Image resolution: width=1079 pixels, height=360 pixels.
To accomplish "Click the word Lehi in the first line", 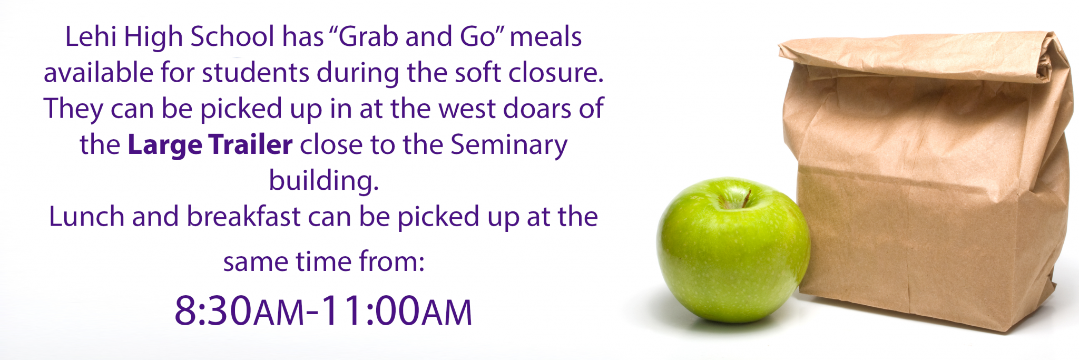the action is coord(90,37).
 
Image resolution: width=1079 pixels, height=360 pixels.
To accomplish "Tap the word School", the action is coord(232,37).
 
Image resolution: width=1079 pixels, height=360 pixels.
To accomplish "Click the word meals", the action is coord(545,37).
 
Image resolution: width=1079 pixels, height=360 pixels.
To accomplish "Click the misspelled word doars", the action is coord(537,109).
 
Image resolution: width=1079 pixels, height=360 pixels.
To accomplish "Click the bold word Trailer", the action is coord(250,144).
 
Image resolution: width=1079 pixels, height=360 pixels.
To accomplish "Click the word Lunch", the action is coord(86,217).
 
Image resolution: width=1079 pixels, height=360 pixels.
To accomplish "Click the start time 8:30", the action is coord(213,310).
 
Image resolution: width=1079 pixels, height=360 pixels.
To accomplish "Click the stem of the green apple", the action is coord(746,198).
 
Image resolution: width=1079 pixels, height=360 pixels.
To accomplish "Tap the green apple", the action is coord(733,250).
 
